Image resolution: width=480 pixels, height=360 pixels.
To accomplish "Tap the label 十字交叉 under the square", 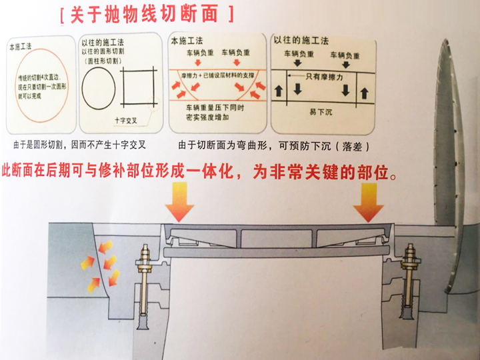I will click(129, 121).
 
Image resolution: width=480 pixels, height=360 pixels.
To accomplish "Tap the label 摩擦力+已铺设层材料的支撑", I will click(212, 77).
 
